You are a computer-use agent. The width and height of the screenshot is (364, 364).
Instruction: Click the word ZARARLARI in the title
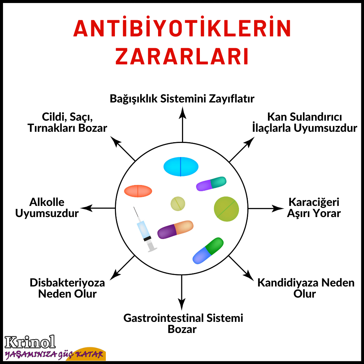[182, 56]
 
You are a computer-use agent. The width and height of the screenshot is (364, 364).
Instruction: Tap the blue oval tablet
[181, 166]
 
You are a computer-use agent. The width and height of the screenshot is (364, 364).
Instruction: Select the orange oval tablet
[138, 191]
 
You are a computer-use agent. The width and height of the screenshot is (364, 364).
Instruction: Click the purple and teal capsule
[211, 184]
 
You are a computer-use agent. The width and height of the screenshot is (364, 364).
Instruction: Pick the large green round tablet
[226, 209]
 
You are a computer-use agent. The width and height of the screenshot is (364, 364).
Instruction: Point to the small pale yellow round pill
[178, 204]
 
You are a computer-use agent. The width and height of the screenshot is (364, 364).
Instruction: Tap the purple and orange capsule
[175, 230]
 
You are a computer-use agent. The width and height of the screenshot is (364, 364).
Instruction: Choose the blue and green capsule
[208, 250]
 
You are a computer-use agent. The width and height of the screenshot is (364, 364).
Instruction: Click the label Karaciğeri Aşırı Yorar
[314, 208]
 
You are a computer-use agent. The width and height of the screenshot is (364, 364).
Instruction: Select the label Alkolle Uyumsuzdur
[47, 208]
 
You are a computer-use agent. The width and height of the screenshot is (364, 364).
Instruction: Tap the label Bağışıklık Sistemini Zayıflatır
[182, 99]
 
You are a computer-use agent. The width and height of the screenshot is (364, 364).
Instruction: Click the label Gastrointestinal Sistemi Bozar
[183, 323]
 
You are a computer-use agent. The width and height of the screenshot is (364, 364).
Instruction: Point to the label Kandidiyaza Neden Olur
[306, 288]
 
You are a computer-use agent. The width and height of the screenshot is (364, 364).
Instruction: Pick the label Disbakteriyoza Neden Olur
[67, 288]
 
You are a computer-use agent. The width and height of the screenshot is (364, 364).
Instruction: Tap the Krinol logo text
[30, 342]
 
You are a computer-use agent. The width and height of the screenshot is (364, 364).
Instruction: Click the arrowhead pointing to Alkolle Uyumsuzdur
[86, 208]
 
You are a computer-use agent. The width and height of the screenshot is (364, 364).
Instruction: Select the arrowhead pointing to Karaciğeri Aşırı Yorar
[279, 208]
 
